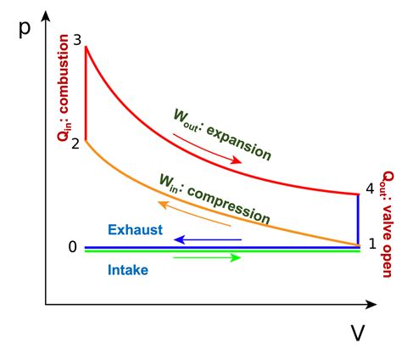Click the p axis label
(25, 29)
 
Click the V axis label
(358, 333)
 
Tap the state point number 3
(77, 40)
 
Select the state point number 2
(75, 143)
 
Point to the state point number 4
(370, 188)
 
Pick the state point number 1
(373, 244)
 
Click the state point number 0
(73, 247)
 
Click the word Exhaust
(135, 229)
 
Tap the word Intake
(128, 270)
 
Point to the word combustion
(64, 74)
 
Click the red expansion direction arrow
(207, 149)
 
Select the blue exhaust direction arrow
(208, 239)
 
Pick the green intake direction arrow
(207, 257)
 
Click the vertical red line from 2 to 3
(86, 94)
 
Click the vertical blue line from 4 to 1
(358, 219)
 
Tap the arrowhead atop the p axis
(46, 15)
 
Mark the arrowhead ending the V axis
(371, 305)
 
